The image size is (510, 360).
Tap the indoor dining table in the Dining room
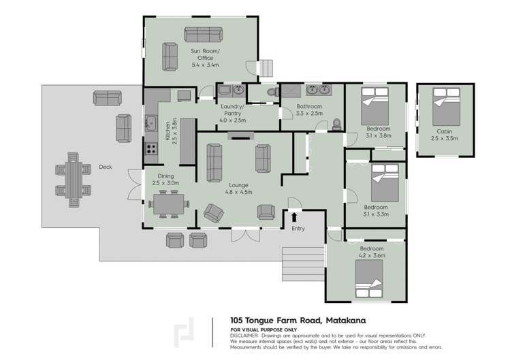point(167,203)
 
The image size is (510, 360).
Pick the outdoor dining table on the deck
point(72,178)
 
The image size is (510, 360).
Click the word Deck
point(105,167)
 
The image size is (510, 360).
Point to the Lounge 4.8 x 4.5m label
point(238,188)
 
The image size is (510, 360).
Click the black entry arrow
point(294,217)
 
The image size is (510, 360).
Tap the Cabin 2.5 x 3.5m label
point(445,134)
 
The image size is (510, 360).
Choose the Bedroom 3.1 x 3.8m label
point(378,131)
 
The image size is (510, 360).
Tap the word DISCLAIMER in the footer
point(244,336)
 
